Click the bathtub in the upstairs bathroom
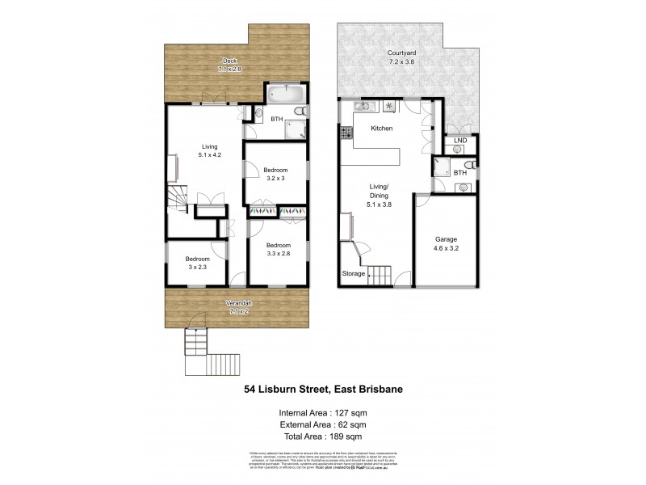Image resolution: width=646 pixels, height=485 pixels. click(x=283, y=93)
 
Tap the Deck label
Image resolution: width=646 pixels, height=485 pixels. click(x=229, y=61)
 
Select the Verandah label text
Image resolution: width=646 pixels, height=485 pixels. click(x=238, y=302)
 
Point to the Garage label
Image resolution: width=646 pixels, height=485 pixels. click(x=447, y=240)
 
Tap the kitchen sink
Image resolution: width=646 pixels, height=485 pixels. click(x=361, y=106)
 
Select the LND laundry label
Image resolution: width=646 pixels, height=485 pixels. click(x=461, y=141)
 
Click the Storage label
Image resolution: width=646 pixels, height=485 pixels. click(x=353, y=274)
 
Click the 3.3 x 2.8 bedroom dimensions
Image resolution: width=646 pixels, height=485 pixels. click(x=278, y=254)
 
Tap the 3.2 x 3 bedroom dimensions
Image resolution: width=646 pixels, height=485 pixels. click(x=275, y=178)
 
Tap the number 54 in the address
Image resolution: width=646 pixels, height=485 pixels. click(x=251, y=389)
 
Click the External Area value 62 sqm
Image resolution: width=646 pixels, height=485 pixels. click(x=354, y=424)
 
